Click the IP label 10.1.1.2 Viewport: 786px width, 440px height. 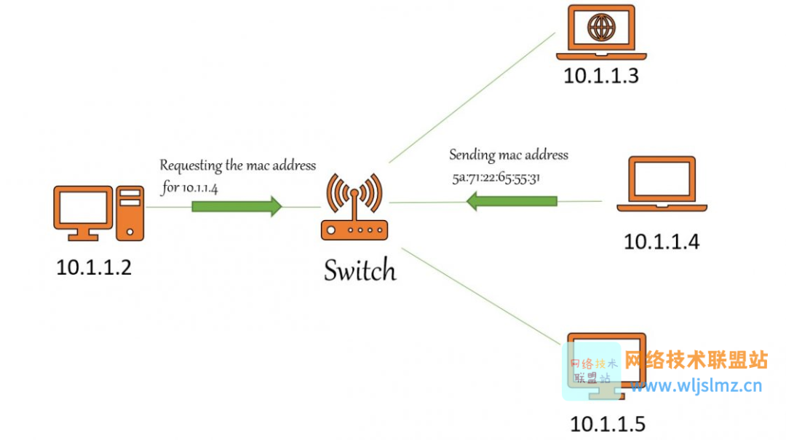pos(94,267)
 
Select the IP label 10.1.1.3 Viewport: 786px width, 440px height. pos(601,76)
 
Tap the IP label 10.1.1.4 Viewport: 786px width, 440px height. pos(661,242)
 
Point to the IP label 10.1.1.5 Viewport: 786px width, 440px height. pos(608,424)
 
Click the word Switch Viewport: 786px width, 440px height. pos(360,270)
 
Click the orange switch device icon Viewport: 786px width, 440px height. pos(354,207)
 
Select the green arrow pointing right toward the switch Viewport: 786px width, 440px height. pos(237,206)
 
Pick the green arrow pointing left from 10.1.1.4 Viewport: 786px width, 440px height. pos(512,201)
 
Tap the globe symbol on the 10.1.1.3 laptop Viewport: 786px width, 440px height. pos(601,27)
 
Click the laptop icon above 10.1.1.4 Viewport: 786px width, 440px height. pos(662,184)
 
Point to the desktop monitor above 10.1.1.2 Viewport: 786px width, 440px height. pos(83,213)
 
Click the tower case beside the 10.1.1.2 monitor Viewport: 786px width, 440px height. pos(130,213)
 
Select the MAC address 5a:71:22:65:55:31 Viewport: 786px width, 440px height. pos(496,178)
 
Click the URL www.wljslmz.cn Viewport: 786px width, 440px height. pos(696,385)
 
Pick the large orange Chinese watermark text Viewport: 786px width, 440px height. pos(696,360)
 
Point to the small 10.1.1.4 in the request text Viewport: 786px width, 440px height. pos(199,189)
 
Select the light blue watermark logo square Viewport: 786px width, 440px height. pos(592,372)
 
